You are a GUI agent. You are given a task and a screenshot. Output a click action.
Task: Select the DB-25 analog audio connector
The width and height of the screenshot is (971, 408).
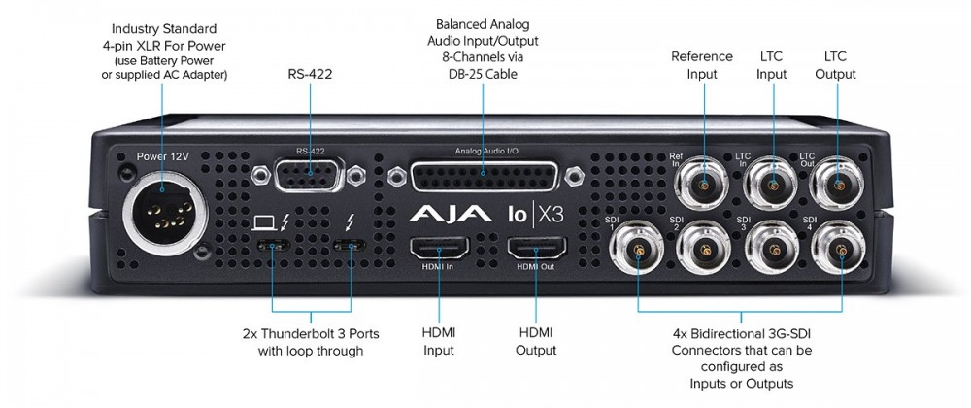pyautogui.click(x=482, y=178)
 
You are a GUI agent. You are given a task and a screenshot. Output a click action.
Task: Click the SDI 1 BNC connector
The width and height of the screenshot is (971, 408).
pyautogui.click(x=636, y=251)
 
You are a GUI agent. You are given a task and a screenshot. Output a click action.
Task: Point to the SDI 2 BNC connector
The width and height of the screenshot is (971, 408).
pyautogui.click(x=703, y=251)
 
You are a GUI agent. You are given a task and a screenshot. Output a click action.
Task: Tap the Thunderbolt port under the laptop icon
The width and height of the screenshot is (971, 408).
pyautogui.click(x=273, y=246)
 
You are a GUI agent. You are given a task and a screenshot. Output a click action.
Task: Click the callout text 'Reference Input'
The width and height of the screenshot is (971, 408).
pyautogui.click(x=701, y=64)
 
